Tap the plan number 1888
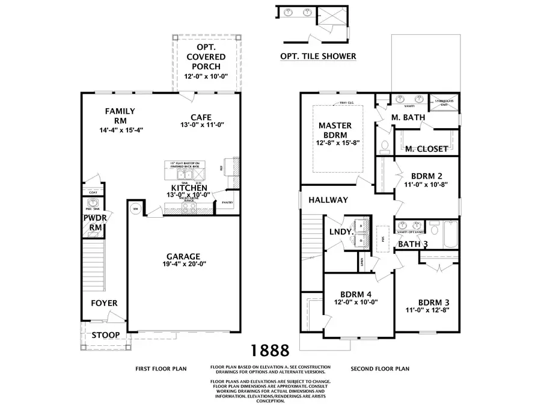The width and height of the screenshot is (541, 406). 269,350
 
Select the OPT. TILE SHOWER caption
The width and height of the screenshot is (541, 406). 318,57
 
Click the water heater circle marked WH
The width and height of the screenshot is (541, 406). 135,209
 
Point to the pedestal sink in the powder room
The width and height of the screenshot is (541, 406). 92,203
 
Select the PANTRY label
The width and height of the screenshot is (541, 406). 227,203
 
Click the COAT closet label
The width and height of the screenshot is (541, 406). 93,192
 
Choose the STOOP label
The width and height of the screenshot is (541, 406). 105,334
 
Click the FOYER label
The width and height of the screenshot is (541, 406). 104,303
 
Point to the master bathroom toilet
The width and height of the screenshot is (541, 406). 385,145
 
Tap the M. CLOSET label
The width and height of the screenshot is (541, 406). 426,149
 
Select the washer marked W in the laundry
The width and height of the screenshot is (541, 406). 361,226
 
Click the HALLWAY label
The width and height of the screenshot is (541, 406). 328,200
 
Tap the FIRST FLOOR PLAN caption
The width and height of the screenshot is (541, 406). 160,368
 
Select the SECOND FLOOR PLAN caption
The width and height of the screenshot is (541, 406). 380,368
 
